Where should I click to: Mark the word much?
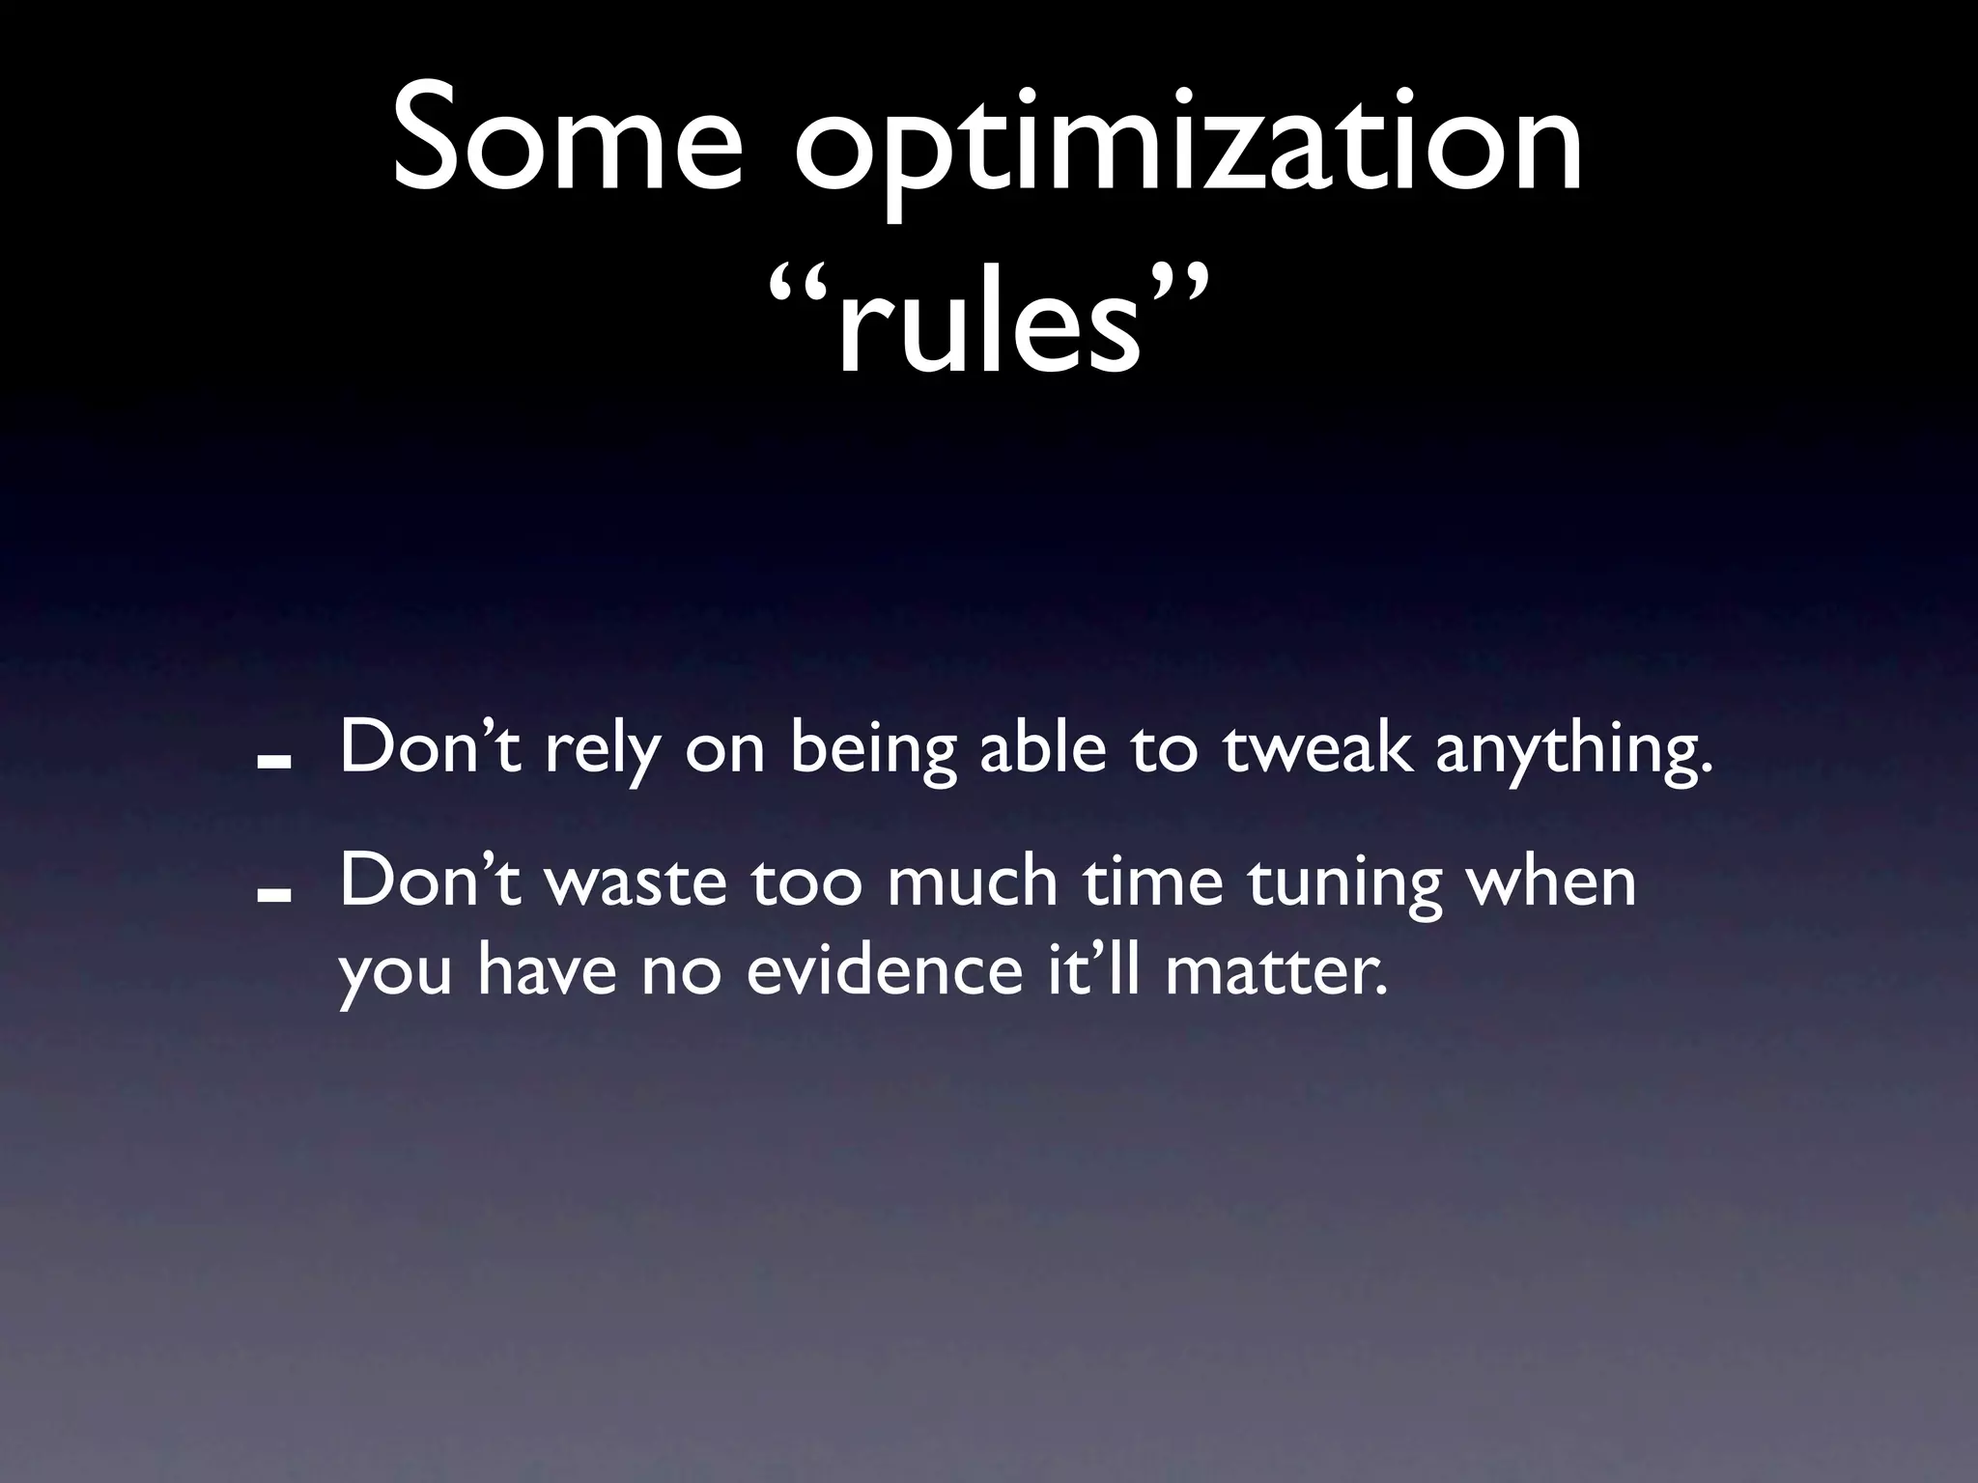(972, 881)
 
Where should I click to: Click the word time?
(1153, 881)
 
